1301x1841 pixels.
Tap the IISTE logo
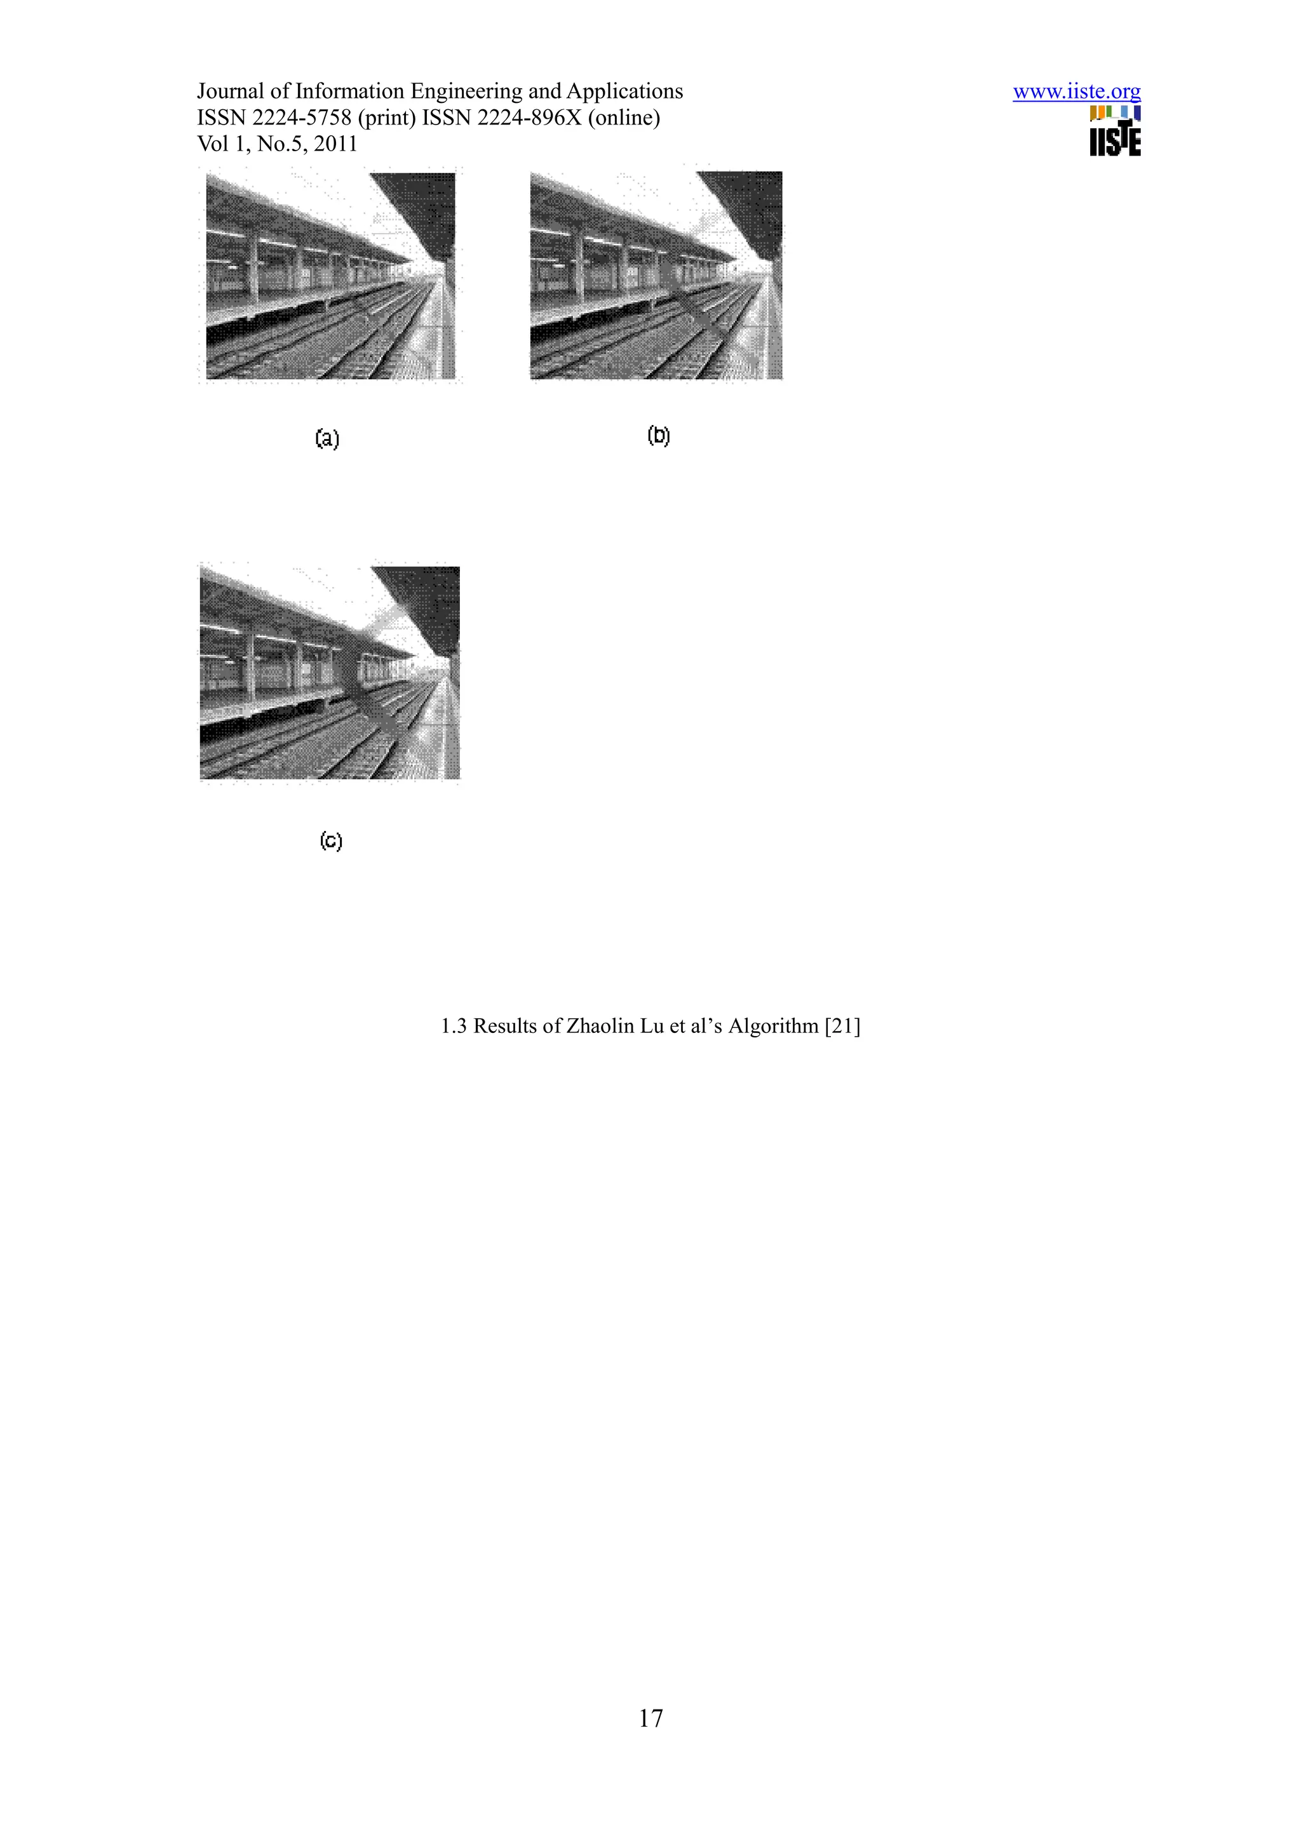coord(1115,131)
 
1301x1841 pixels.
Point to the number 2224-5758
coord(301,119)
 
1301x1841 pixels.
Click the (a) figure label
coord(327,438)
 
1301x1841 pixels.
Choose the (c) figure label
coord(330,840)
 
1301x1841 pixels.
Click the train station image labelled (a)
coord(330,276)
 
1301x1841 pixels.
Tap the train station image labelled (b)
coord(656,275)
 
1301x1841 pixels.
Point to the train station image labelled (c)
coord(330,672)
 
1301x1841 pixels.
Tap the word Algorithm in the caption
coord(772,1027)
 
